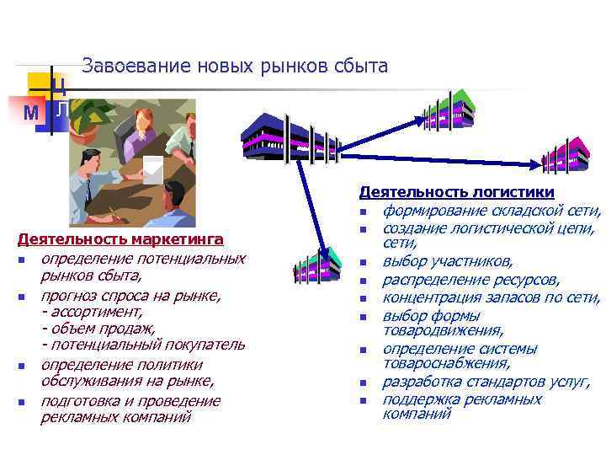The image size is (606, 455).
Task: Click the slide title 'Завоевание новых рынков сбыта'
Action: coord(235,66)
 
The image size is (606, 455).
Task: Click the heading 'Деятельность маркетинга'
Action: coord(120,239)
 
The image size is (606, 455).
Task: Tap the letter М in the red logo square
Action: coord(31,113)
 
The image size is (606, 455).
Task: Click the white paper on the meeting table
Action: coord(153,168)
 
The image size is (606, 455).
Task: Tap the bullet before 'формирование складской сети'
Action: coord(364,211)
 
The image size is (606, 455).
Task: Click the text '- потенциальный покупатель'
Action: coord(143,344)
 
